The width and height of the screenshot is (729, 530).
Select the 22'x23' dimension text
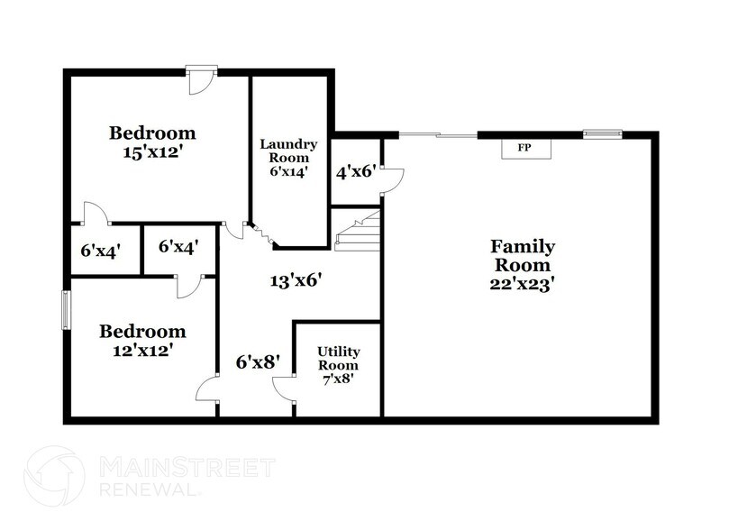click(521, 282)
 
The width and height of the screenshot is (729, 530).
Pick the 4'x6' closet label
click(355, 171)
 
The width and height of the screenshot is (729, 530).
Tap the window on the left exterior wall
click(65, 311)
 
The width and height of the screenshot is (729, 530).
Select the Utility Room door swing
click(284, 387)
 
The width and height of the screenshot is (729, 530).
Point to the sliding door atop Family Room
click(437, 135)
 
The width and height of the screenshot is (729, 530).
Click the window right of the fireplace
click(601, 135)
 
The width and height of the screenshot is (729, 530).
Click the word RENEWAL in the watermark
click(143, 489)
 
